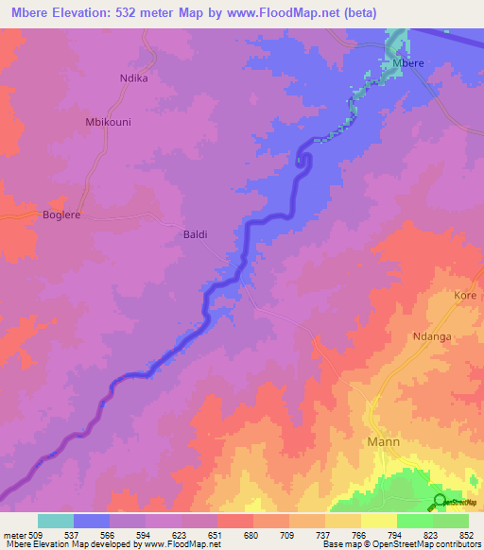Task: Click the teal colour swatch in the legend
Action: point(56,521)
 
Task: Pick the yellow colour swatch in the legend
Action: point(379,521)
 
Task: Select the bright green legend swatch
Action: point(415,521)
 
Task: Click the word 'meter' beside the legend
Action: point(15,534)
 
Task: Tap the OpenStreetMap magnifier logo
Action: point(441,501)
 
